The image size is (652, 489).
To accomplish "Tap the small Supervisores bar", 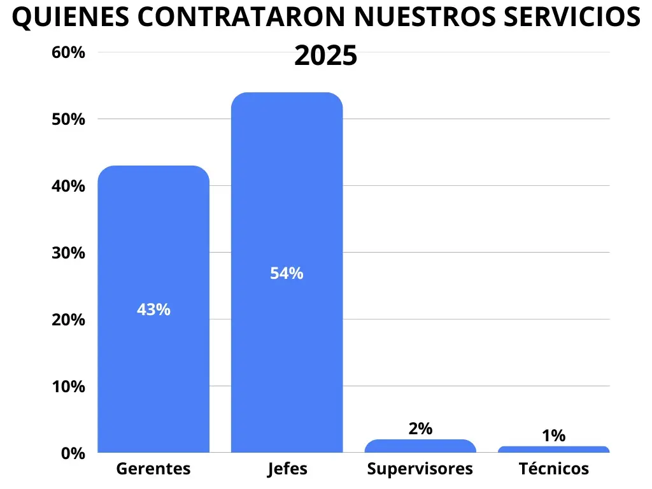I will pos(420,446).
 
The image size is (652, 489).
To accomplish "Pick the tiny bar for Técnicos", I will pos(553,450).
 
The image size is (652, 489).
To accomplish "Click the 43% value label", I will pos(153,310).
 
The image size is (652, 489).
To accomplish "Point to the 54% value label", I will pos(287,274).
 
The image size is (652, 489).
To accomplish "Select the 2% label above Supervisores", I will pos(420,429).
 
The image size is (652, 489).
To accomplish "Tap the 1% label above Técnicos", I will pos(553,436).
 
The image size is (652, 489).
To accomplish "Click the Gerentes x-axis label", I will pos(153,469).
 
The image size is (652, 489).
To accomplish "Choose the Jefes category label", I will pos(287,469).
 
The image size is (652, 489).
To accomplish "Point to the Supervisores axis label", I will pos(420,469).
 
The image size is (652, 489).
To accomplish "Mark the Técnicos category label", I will pos(553,469).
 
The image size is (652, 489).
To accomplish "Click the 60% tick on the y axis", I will pos(68,52).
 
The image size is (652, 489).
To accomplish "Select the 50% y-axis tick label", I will pos(68,119).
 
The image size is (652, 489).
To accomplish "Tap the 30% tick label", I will pos(68,253).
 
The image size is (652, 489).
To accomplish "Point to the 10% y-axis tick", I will pos(68,386).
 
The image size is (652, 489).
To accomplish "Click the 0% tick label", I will pos(73,453).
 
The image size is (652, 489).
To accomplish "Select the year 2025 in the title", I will pos(325,56).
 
